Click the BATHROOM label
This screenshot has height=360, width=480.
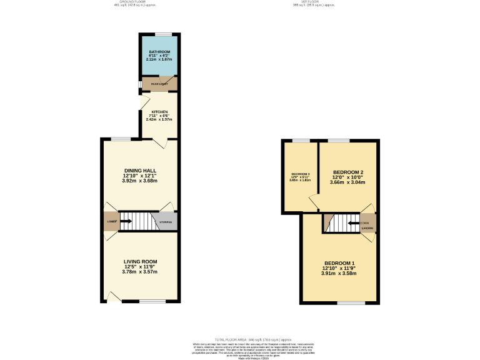click(x=159, y=52)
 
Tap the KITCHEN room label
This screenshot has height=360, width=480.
click(x=159, y=112)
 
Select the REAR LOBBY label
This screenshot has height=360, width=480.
click(x=155, y=82)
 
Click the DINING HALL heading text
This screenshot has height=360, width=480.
click(x=140, y=170)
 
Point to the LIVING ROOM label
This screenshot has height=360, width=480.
click(x=140, y=261)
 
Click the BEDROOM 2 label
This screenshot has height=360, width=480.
click(x=348, y=172)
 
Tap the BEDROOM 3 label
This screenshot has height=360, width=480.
click(x=301, y=174)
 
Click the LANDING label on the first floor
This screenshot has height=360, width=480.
click(x=367, y=228)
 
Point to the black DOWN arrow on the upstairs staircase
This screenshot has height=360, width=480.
click(x=354, y=222)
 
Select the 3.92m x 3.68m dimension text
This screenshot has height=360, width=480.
click(x=140, y=181)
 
